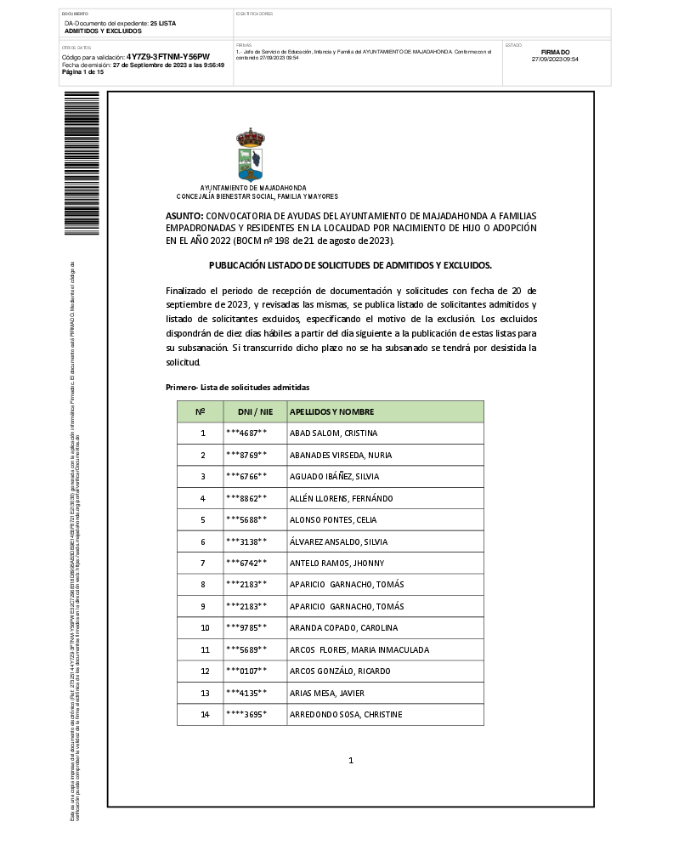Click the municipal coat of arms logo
(251, 154)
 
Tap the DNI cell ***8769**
(246, 455)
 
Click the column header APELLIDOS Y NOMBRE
(331, 412)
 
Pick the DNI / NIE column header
(255, 412)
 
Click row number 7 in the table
(203, 564)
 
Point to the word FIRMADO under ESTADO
(555, 52)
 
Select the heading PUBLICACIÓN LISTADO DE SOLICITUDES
(350, 265)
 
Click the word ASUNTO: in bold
(184, 217)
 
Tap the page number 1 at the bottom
(350, 760)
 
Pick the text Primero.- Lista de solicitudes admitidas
(237, 388)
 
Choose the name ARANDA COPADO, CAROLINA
(332, 628)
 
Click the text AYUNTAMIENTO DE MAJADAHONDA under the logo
(253, 188)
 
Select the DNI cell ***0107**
(246, 671)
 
